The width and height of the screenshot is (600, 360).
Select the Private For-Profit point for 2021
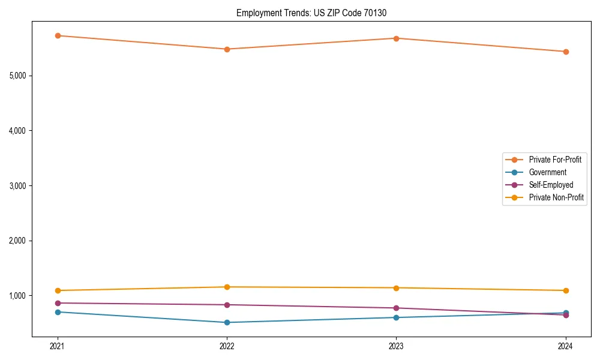click(x=58, y=35)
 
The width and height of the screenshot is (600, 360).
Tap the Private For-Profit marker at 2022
click(x=227, y=49)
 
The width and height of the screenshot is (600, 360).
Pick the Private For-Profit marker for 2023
click(x=396, y=38)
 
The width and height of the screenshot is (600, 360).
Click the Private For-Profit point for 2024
click(x=565, y=52)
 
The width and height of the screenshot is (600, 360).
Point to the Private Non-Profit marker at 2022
click(x=227, y=287)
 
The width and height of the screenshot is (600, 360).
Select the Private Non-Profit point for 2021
click(x=58, y=290)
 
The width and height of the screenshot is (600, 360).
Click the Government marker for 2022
click(x=227, y=322)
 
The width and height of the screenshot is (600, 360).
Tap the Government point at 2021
click(x=58, y=312)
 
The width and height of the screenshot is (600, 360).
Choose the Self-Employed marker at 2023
click(x=396, y=308)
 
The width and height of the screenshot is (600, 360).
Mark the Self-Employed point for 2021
click(x=58, y=303)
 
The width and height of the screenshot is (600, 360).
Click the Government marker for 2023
click(x=396, y=317)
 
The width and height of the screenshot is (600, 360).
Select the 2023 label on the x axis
click(x=396, y=346)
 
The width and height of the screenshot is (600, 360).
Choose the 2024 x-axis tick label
click(x=565, y=346)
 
